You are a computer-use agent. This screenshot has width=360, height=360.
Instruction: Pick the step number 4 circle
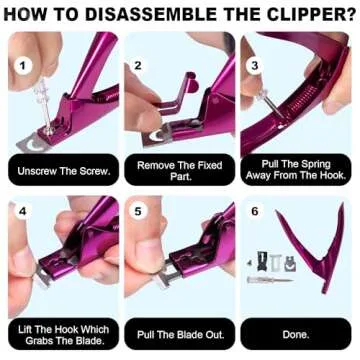click(22, 212)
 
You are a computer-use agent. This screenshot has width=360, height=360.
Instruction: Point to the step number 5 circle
click(138, 212)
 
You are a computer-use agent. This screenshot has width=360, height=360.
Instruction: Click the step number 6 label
click(254, 212)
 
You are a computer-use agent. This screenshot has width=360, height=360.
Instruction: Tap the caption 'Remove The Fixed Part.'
click(178, 171)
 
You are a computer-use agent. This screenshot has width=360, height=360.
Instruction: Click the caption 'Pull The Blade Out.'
click(178, 329)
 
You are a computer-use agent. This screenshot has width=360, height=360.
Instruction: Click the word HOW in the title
click(36, 15)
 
